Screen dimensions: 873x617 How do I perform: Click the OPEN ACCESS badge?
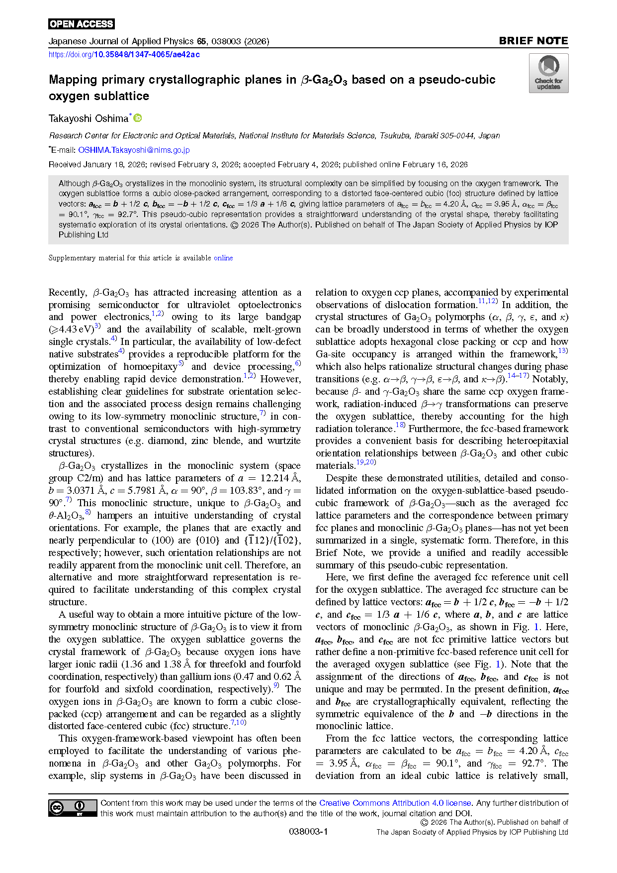coord(82,24)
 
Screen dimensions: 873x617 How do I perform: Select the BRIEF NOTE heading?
coord(533,41)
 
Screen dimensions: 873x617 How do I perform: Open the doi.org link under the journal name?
coord(124,55)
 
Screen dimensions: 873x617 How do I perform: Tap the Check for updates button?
coord(548,73)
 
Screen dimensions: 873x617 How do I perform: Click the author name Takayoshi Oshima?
coord(88,118)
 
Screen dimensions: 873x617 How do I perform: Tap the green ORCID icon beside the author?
coord(138,118)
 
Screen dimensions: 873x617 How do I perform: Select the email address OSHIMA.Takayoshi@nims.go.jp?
coord(134,150)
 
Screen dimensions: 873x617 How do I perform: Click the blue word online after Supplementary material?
coord(223,258)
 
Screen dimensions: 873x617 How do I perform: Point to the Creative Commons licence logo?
coord(73,808)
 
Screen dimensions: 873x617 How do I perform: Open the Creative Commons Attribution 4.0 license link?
coord(395,803)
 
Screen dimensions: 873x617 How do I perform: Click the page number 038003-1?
coord(308,832)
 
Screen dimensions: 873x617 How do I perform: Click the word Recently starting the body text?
coord(68,293)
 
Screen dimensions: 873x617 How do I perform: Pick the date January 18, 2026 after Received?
coord(113,165)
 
